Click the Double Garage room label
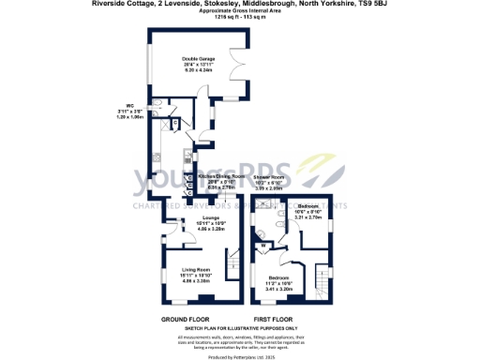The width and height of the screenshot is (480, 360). [198, 58]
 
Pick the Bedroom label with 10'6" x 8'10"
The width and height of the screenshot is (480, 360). [309, 204]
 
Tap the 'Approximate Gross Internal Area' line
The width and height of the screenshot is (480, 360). [240, 10]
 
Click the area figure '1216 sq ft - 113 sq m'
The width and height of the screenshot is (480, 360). [240, 17]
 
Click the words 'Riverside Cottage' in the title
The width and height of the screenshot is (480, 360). [120, 4]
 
